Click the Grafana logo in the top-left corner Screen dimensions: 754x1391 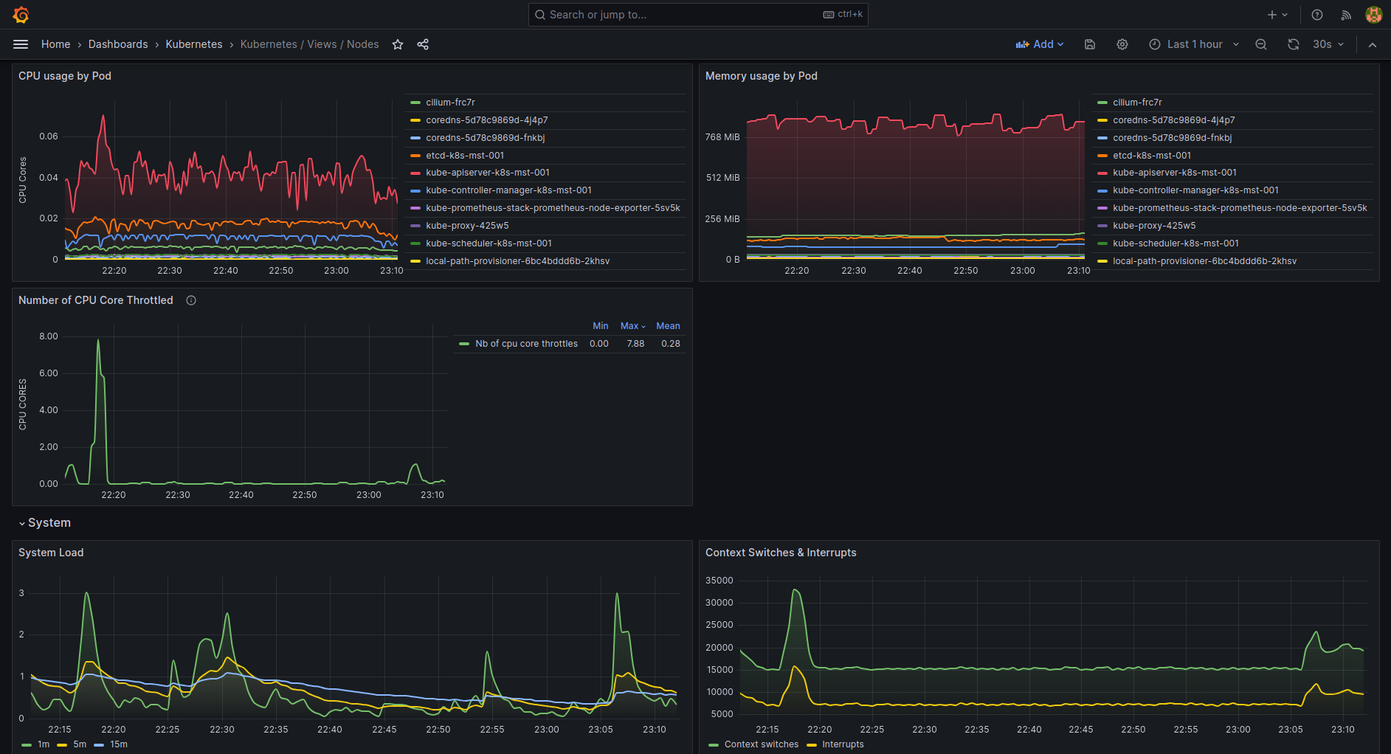[21, 15]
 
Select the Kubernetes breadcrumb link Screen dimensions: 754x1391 [193, 44]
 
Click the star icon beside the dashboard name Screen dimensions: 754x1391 [398, 44]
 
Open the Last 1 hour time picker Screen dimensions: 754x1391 [1194, 44]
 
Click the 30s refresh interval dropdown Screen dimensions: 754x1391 [1328, 44]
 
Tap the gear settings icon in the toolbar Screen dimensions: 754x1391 [1122, 44]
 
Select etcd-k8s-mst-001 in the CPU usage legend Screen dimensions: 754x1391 [464, 156]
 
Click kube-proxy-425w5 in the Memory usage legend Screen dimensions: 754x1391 [1153, 226]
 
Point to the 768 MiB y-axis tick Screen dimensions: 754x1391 [722, 137]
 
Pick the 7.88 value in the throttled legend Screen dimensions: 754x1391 [635, 344]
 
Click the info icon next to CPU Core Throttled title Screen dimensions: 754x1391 [191, 300]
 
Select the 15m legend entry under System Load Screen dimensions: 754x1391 [118, 744]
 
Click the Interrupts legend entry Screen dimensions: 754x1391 [842, 744]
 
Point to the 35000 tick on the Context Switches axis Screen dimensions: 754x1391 [719, 581]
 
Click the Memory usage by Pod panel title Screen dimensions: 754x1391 [761, 76]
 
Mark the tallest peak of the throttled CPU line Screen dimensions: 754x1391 [98, 340]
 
